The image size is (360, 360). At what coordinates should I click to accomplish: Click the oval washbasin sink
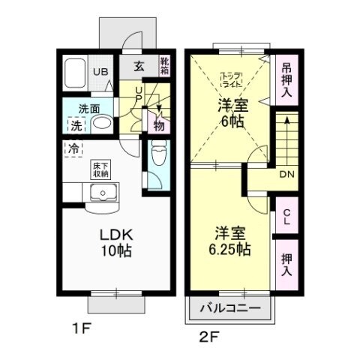click(x=103, y=122)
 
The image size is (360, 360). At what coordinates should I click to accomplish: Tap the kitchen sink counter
click(x=100, y=193)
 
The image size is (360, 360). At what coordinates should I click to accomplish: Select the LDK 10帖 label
click(x=116, y=241)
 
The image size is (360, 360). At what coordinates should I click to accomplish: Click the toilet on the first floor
click(x=158, y=157)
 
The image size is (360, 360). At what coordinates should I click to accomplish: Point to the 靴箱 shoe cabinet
click(x=164, y=67)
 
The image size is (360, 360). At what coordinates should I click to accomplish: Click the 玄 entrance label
click(x=139, y=65)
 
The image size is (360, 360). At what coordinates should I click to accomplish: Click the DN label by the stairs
click(x=286, y=175)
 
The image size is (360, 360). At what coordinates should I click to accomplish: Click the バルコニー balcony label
click(x=231, y=308)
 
